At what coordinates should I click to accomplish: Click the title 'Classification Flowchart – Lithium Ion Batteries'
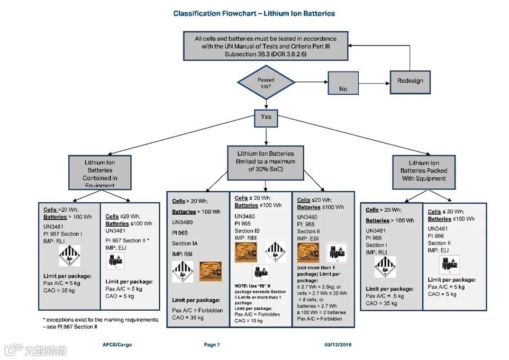click(254, 13)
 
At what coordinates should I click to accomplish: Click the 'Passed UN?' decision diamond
click(266, 82)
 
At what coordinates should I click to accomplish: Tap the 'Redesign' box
click(410, 81)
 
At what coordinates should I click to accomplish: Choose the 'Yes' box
click(266, 118)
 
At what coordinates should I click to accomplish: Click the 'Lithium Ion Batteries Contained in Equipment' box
click(100, 172)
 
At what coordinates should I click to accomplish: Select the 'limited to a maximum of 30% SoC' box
click(266, 162)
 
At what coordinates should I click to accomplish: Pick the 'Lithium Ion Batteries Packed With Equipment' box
click(423, 171)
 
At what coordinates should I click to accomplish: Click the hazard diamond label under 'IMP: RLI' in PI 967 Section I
click(69, 256)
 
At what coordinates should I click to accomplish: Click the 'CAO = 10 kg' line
click(248, 321)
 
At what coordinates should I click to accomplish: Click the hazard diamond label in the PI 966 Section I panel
click(385, 267)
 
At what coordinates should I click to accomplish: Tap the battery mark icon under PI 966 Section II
click(449, 264)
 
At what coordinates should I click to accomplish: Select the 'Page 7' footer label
click(212, 345)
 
